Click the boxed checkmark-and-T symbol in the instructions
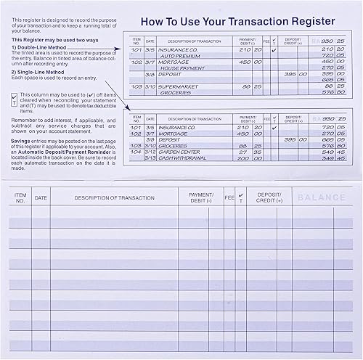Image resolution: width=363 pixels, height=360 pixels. (x=15, y=99)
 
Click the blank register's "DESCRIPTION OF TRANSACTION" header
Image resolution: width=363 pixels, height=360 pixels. (x=114, y=197)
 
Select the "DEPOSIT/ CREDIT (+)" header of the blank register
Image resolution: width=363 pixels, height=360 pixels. (x=269, y=197)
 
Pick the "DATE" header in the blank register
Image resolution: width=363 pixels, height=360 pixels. (x=41, y=197)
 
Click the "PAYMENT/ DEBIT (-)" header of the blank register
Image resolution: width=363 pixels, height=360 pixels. (x=200, y=197)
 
